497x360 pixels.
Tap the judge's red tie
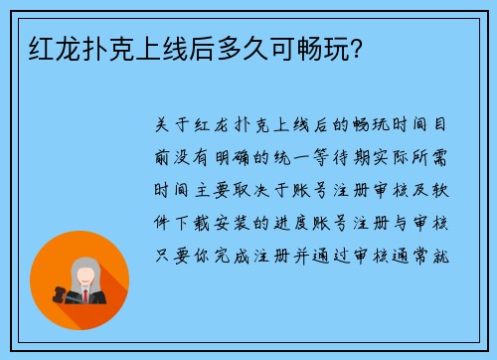point(85,295)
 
